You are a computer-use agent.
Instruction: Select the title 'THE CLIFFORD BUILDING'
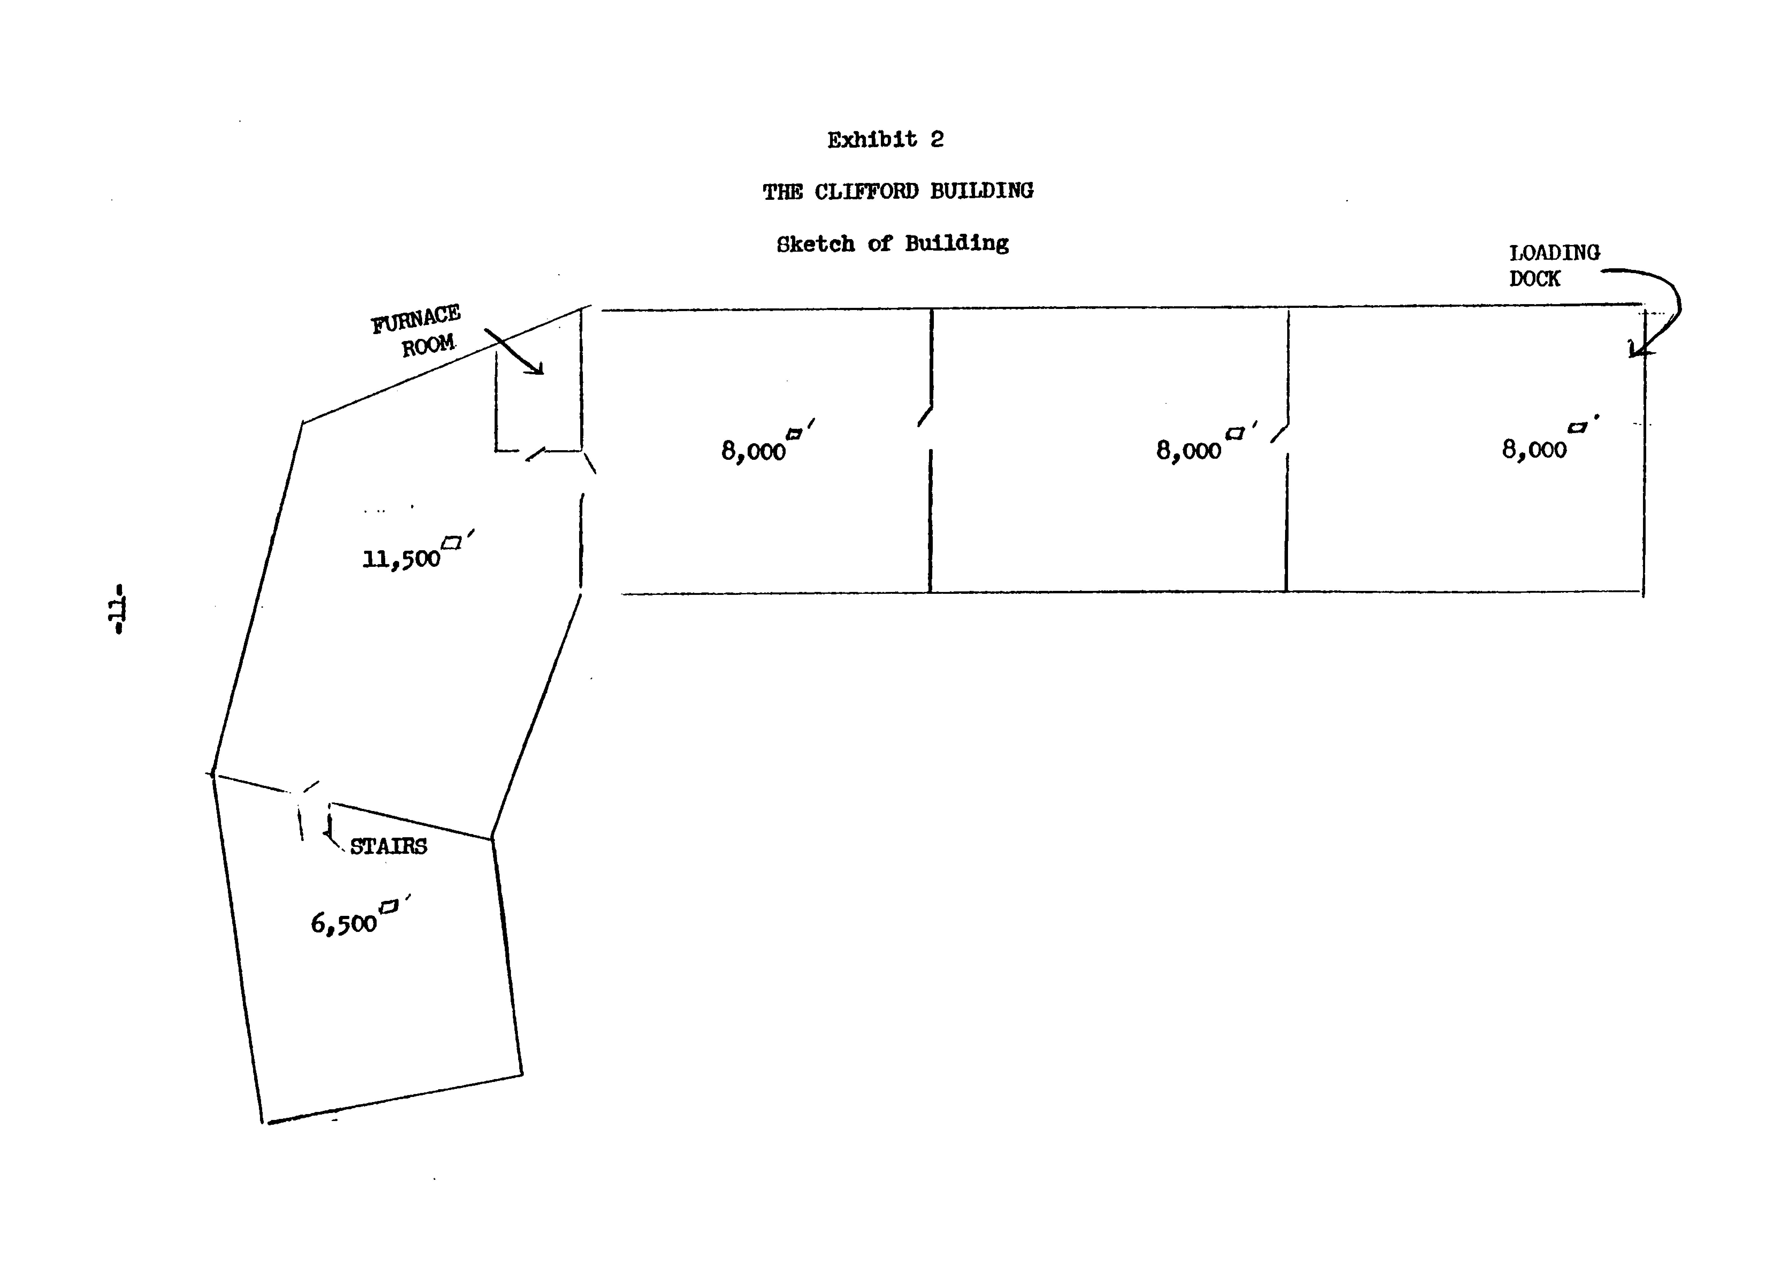coord(898,191)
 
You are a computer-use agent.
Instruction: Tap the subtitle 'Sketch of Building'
coord(892,244)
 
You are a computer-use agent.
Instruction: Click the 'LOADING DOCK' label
coord(1553,265)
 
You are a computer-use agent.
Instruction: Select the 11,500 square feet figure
coord(402,559)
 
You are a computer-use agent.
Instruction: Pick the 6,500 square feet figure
coord(344,924)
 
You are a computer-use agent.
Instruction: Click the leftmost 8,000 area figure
coord(753,451)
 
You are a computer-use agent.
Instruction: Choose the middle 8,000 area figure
coord(1188,451)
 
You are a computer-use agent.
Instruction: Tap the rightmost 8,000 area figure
coord(1534,449)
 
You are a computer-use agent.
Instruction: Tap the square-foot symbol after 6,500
coord(388,906)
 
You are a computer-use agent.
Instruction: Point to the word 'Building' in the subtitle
coord(956,244)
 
